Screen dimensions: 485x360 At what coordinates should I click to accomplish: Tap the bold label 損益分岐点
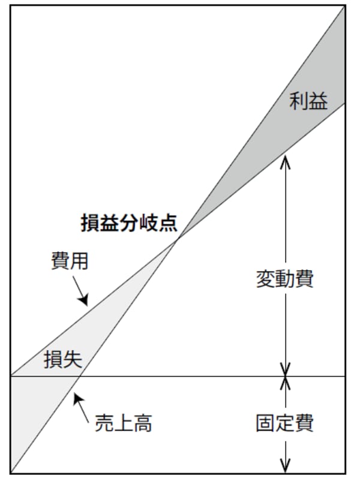coord(129,223)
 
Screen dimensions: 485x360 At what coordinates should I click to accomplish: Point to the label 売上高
coord(124,424)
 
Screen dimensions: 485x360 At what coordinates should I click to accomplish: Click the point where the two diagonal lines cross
coord(178,238)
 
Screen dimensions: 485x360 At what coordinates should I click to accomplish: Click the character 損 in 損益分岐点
coord(90,223)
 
